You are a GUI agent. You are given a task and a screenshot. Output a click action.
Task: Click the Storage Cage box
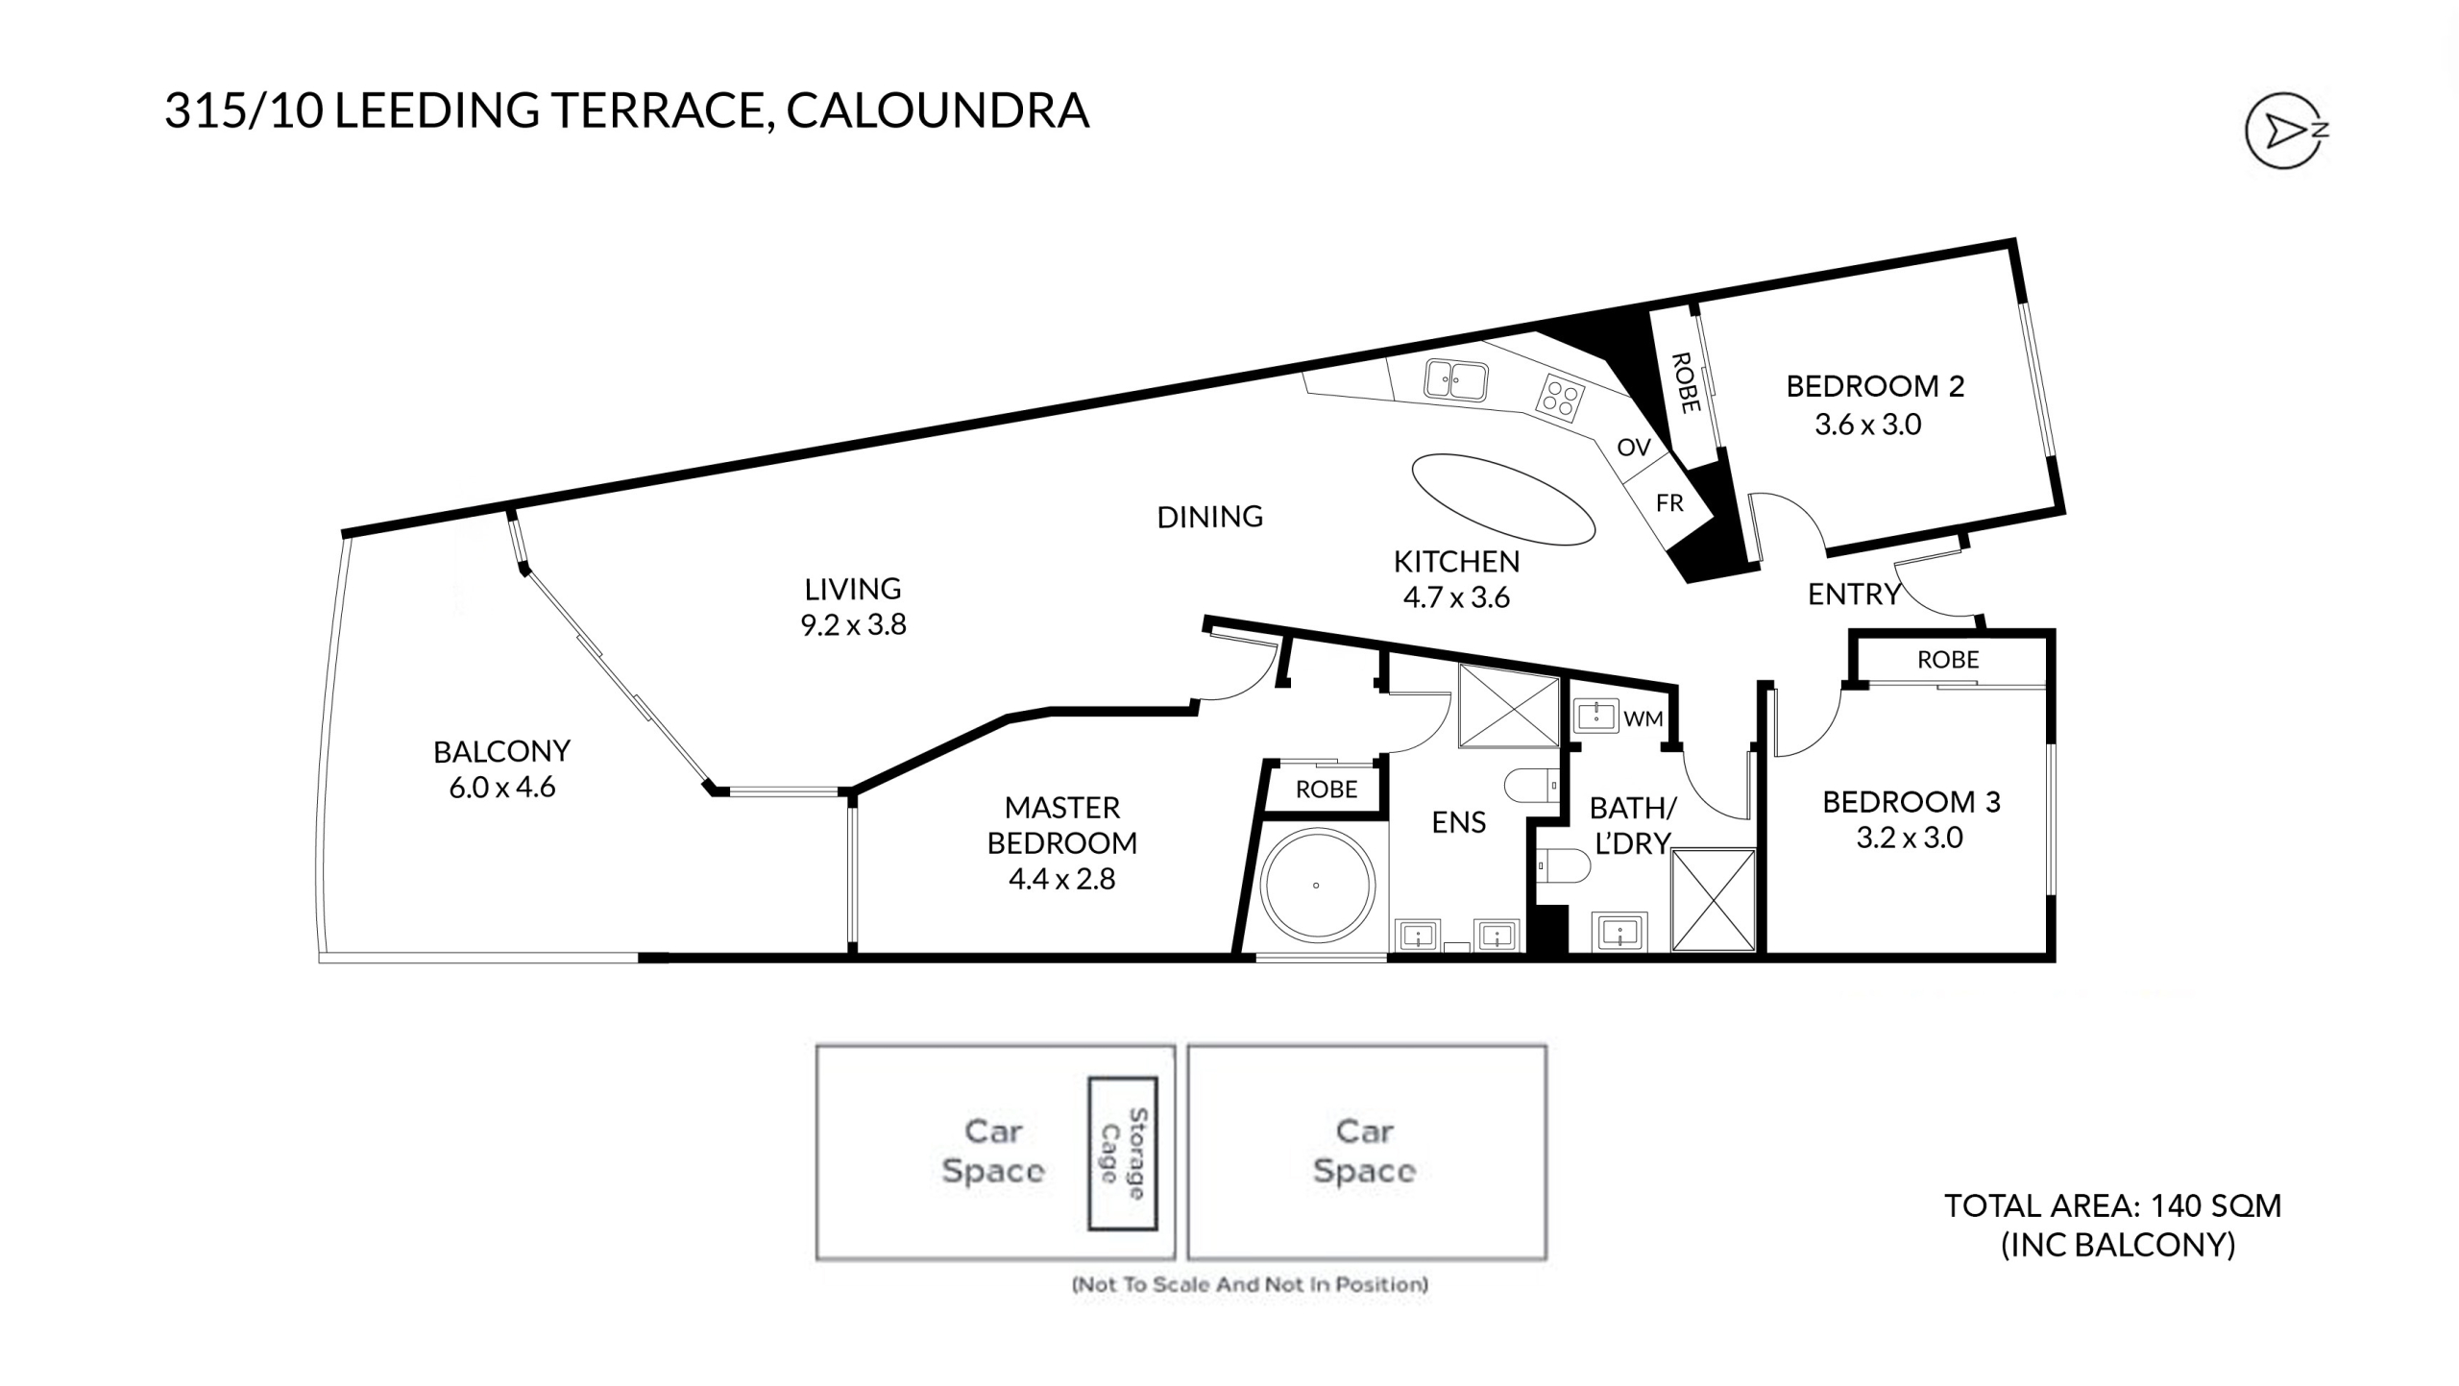(x=1122, y=1153)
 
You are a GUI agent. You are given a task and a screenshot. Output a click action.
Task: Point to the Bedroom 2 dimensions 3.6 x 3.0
(x=1867, y=425)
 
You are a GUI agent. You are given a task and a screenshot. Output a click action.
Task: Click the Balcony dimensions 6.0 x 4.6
(x=501, y=788)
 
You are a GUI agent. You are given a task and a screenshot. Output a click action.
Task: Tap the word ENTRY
(x=1854, y=595)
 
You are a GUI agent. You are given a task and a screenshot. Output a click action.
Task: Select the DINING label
(x=1209, y=517)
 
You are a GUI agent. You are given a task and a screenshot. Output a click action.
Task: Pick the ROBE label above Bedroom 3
(x=1948, y=660)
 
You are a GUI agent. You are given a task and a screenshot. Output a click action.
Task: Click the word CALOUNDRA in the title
(x=937, y=110)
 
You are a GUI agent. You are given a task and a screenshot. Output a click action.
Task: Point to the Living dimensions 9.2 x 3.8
(x=853, y=625)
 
